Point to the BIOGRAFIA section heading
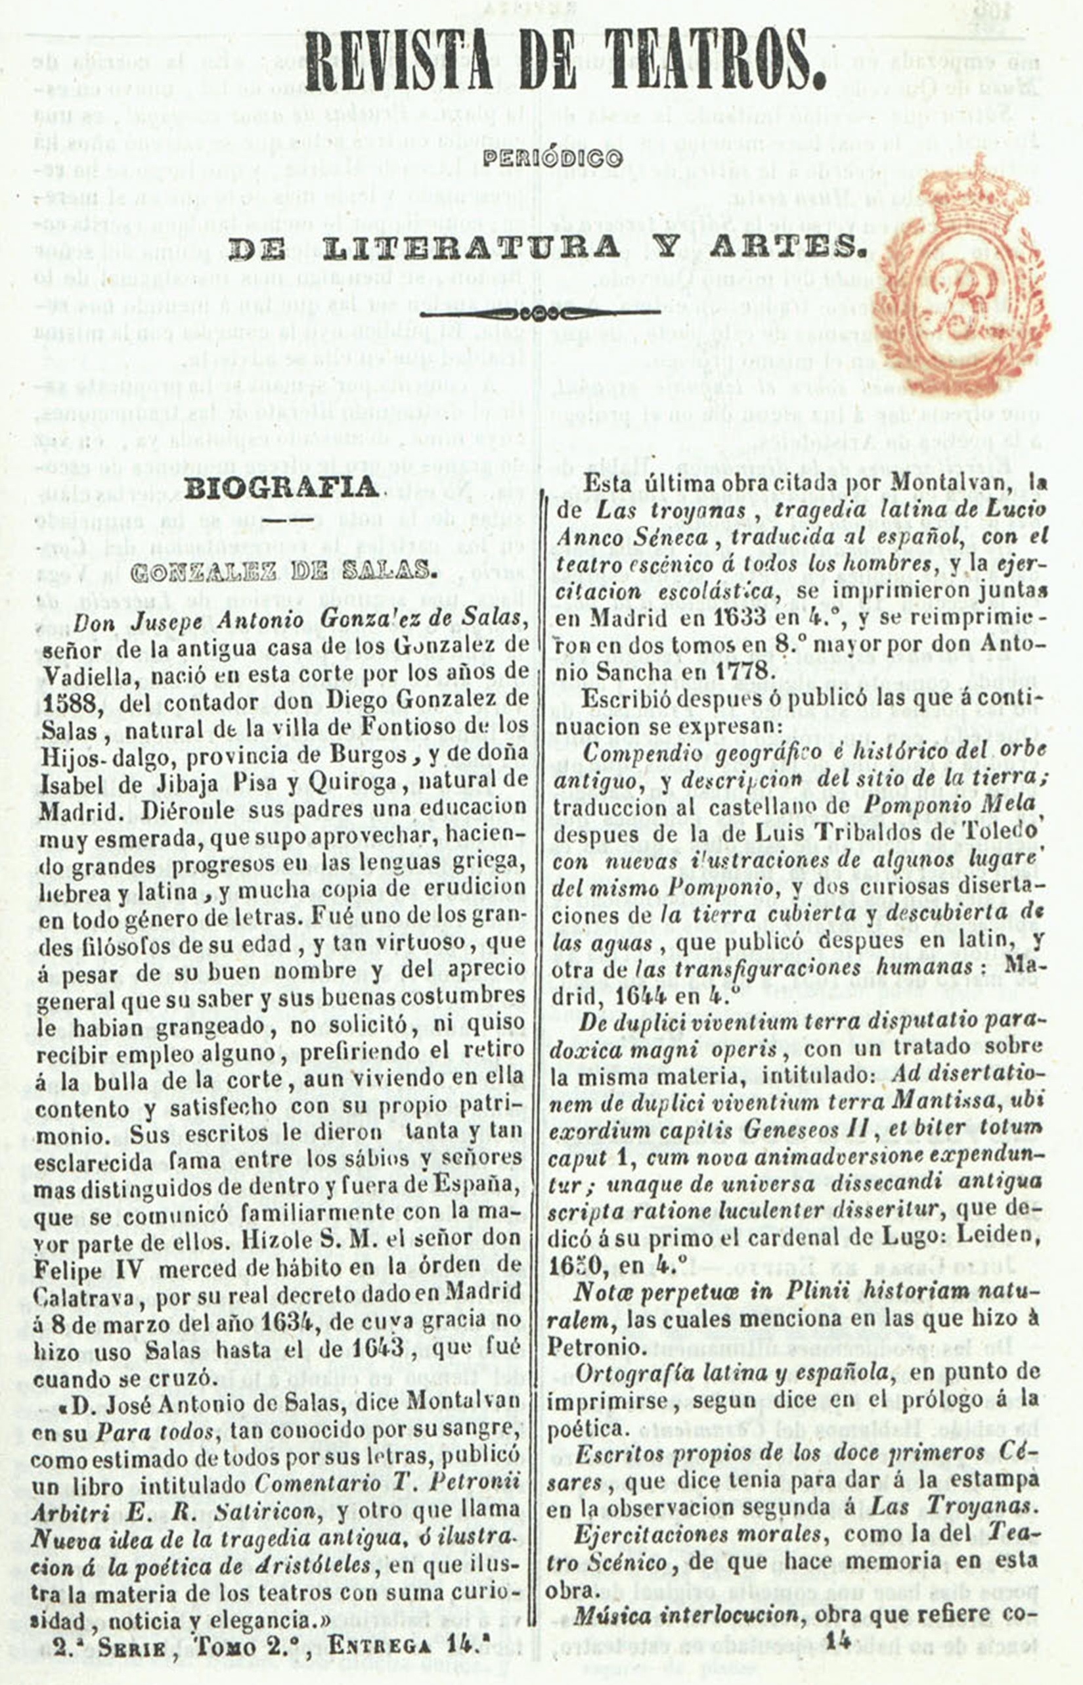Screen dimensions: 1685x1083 point(281,488)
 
